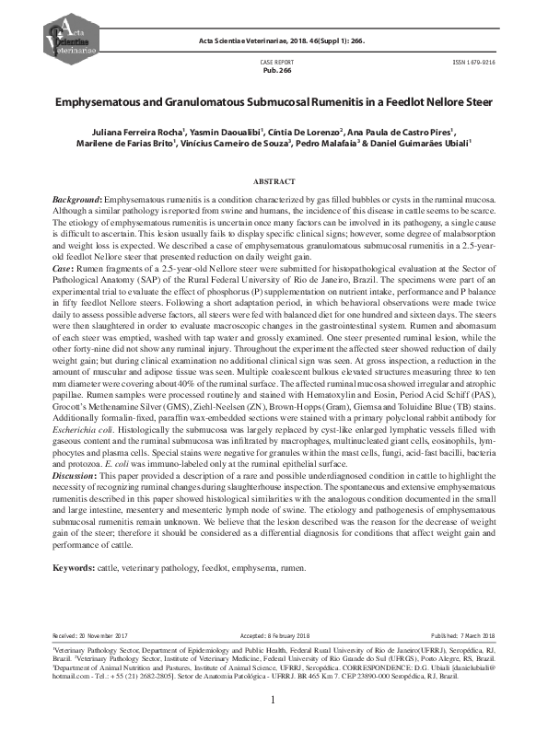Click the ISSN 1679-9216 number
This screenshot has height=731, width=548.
475,60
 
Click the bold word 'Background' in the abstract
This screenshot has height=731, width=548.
76,200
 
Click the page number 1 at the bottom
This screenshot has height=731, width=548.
274,701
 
